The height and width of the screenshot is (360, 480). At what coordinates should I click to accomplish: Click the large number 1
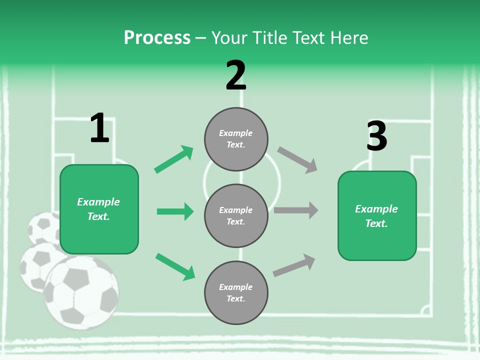99,128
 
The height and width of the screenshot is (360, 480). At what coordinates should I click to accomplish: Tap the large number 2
236,75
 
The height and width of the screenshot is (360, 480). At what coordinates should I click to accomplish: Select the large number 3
376,136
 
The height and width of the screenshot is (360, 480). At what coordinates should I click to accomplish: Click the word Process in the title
157,37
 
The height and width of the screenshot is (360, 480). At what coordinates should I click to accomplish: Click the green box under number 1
99,209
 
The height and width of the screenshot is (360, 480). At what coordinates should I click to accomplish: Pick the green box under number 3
377,216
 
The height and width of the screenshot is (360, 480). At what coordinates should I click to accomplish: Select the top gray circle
236,139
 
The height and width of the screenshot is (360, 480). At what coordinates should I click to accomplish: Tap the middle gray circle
236,215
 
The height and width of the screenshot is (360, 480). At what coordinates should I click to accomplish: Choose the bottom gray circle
236,292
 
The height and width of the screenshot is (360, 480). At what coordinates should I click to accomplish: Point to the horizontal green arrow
175,211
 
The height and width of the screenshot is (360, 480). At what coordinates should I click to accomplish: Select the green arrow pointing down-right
175,266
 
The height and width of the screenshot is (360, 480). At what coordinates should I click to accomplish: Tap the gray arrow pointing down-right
297,160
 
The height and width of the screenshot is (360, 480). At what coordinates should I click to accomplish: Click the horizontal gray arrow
296,210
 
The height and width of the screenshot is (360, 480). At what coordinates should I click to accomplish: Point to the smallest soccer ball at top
44,228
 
